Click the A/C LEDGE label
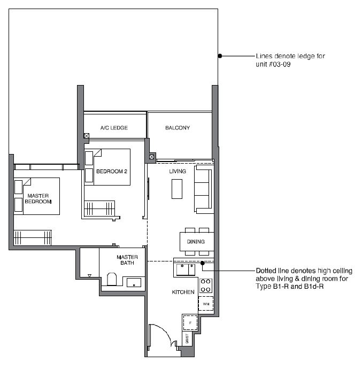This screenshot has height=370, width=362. tap(114, 128)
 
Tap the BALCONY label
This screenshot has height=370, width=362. tap(178, 128)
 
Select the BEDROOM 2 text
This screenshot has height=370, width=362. tap(112, 171)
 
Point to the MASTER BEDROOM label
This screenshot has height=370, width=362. tap(38, 199)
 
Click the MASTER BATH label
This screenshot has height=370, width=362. tap(127, 260)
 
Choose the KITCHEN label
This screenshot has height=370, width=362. tap(183, 292)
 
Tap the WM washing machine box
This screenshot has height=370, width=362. tap(206, 304)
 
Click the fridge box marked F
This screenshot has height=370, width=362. tap(190, 322)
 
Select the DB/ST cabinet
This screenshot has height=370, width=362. tap(187, 338)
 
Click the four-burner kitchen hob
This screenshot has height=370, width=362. tap(205, 286)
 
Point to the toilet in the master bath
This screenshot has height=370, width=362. tap(112, 279)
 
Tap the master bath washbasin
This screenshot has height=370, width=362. tap(134, 283)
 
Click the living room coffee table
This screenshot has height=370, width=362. tap(177, 189)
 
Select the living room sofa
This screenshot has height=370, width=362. tap(204, 189)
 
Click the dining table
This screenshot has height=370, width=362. tap(197, 242)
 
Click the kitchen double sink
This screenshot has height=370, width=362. tap(186, 270)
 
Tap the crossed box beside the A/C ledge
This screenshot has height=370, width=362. tap(87, 136)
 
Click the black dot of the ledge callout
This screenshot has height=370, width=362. tap(220, 56)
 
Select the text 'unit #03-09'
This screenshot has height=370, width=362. tap(273, 64)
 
